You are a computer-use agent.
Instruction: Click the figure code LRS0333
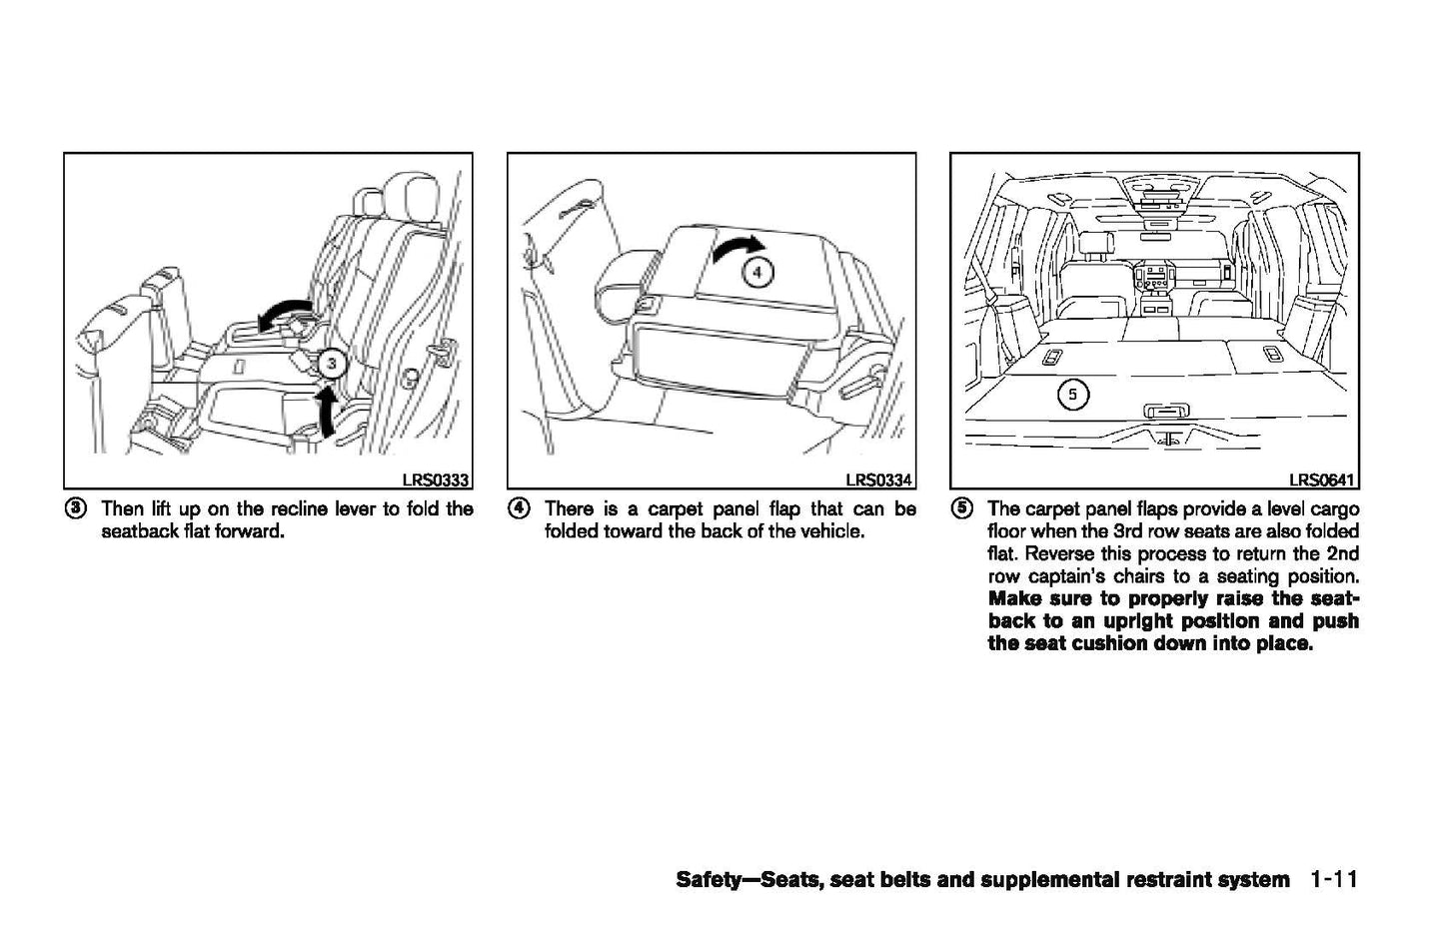pos(436,479)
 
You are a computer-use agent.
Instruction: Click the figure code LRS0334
pos(879,479)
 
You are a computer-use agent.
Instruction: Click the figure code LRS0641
pos(1322,479)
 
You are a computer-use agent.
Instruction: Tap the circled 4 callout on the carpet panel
pos(756,271)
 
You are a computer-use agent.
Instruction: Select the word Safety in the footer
pos(711,880)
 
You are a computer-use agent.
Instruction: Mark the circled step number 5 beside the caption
pos(961,508)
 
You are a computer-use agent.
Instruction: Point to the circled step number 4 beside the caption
pos(519,508)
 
